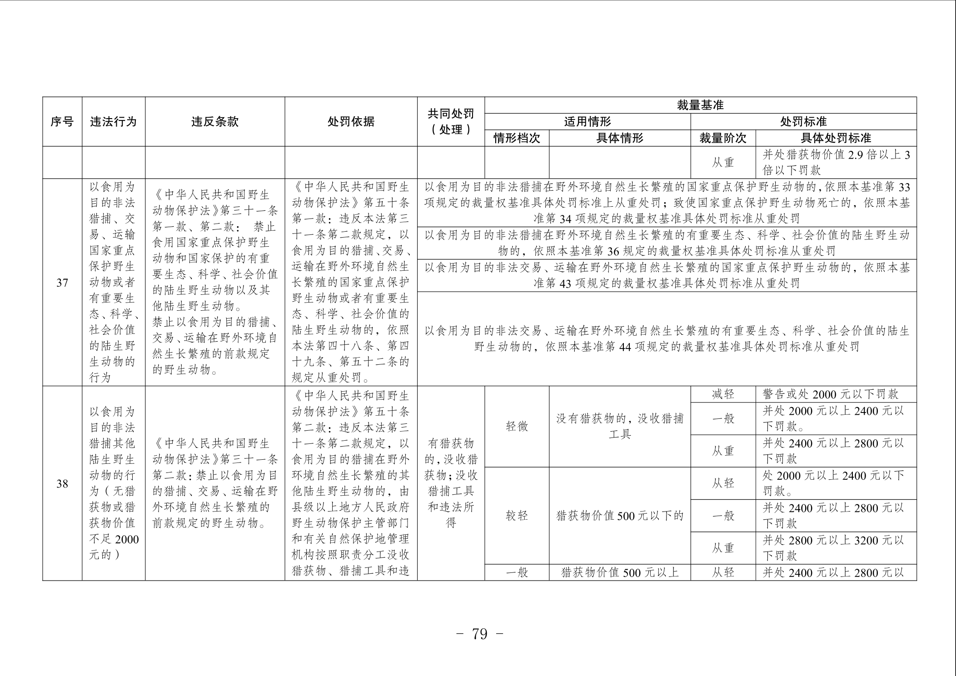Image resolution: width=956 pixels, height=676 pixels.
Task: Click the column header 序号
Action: click(x=62, y=122)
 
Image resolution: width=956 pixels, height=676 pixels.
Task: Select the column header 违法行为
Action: click(x=113, y=122)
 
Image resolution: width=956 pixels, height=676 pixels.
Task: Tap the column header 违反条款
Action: click(x=214, y=122)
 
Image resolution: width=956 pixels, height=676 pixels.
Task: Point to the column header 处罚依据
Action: click(x=351, y=122)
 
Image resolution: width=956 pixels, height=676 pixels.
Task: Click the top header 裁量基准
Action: click(x=700, y=105)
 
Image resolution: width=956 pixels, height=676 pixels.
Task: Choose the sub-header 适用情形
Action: click(x=587, y=122)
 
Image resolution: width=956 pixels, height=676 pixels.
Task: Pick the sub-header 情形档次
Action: click(x=517, y=138)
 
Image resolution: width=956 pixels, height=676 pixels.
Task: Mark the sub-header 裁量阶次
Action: click(x=722, y=138)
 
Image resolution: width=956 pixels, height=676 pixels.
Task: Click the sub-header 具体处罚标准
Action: click(x=836, y=138)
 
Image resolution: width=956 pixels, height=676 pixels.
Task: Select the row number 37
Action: click(x=62, y=283)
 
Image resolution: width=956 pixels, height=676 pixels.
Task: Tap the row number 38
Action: click(x=62, y=484)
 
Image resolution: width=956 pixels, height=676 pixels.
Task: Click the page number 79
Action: click(x=479, y=634)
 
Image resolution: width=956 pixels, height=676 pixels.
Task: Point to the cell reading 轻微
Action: click(x=517, y=426)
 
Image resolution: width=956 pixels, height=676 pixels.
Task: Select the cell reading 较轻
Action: click(x=517, y=516)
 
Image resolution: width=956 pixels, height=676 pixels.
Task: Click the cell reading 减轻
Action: click(x=722, y=394)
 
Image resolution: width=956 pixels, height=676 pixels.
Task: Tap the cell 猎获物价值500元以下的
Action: click(x=619, y=516)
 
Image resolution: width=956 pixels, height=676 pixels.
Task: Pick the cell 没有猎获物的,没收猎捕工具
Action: click(x=619, y=426)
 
